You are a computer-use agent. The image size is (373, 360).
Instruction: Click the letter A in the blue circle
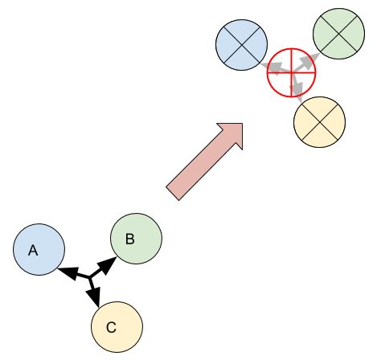tap(33, 251)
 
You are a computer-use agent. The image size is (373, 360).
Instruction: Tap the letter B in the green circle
tap(130, 239)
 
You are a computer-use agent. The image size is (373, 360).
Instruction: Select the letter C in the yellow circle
tap(111, 327)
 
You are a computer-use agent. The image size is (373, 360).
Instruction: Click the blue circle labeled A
tap(39, 249)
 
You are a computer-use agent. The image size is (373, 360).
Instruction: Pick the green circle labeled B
tap(137, 239)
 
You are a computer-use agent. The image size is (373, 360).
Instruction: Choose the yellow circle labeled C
tap(117, 327)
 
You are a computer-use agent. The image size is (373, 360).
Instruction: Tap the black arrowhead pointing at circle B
tap(107, 265)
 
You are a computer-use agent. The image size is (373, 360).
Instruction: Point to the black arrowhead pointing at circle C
tap(94, 297)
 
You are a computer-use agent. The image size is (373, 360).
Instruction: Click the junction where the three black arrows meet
tap(90, 277)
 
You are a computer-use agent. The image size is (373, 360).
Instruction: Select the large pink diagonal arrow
tap(204, 162)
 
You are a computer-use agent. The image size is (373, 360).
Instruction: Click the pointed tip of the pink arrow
tap(243, 124)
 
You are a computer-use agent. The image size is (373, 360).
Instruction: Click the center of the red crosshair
tap(292, 72)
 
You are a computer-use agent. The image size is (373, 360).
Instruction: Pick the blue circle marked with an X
tap(242, 45)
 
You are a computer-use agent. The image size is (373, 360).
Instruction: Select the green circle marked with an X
tap(339, 34)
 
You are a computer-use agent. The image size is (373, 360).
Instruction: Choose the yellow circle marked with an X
tap(320, 122)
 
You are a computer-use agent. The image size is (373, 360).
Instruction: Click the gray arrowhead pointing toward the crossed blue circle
tap(271, 67)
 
